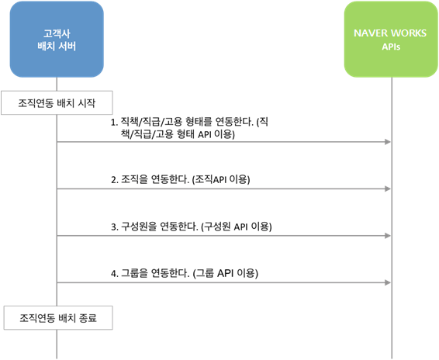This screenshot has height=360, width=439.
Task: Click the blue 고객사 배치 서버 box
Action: [x=57, y=40]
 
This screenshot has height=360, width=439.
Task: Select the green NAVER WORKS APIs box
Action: [x=391, y=40]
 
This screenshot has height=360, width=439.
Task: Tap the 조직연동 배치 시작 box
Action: [x=57, y=103]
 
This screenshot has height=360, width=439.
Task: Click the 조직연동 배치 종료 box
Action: [x=58, y=317]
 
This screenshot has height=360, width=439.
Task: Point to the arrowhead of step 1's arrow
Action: [x=388, y=142]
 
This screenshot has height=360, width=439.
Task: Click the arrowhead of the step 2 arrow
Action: [x=388, y=189]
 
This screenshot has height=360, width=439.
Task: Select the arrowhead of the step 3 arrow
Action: [x=388, y=236]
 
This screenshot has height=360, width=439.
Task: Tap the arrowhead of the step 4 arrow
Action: [x=388, y=282]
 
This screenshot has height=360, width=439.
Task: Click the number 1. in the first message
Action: [x=115, y=123]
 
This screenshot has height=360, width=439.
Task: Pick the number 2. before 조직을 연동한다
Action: [x=115, y=180]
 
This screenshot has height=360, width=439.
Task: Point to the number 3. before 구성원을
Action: [x=115, y=227]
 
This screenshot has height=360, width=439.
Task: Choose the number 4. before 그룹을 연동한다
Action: [x=115, y=273]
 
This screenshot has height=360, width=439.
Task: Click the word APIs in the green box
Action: [x=391, y=47]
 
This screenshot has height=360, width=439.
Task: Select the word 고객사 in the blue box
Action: [x=57, y=33]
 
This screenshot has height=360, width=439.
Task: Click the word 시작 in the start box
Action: [x=87, y=103]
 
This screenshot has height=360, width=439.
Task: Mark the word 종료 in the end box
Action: [x=88, y=318]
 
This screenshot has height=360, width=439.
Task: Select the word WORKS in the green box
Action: [x=410, y=33]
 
